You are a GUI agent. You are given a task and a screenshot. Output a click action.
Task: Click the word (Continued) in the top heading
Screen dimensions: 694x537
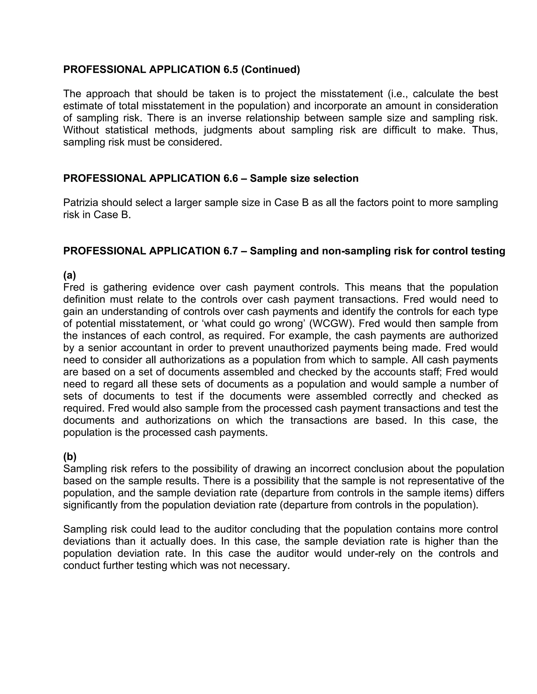coord(270,70)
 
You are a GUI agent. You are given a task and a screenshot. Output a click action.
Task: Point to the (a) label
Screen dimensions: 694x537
coord(69,275)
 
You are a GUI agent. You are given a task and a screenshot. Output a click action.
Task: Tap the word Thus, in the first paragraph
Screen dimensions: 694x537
coord(485,130)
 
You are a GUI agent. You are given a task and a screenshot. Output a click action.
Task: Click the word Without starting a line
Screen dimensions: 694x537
coord(81,130)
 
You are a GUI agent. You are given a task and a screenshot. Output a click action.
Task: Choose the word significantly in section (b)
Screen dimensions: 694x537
coord(90,505)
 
